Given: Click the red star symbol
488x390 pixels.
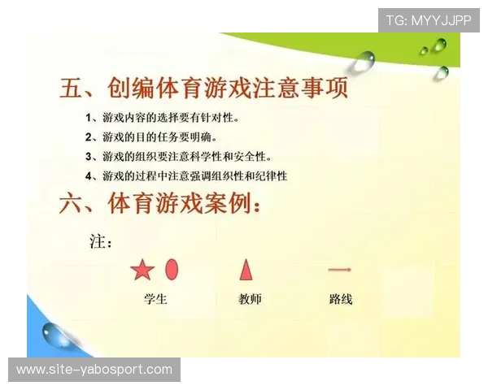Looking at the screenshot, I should [x=142, y=271].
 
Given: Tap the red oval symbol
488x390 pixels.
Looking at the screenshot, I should [x=172, y=269].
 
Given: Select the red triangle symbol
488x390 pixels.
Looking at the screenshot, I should [x=246, y=269].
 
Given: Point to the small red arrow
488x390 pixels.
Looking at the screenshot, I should [x=339, y=269].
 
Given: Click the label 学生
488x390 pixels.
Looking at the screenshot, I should [x=155, y=299].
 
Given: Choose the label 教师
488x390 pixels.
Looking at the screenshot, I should [x=250, y=299].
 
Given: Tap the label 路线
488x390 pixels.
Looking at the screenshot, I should [x=341, y=299].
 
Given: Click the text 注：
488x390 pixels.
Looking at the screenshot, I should [x=100, y=241].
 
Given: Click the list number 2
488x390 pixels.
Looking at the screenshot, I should [x=89, y=137].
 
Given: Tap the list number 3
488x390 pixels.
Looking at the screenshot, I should [x=89, y=156].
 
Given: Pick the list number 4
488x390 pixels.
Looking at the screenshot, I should [x=89, y=175].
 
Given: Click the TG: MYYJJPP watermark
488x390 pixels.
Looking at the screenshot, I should [x=429, y=19].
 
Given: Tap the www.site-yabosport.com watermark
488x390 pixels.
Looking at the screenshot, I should [x=94, y=370].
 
